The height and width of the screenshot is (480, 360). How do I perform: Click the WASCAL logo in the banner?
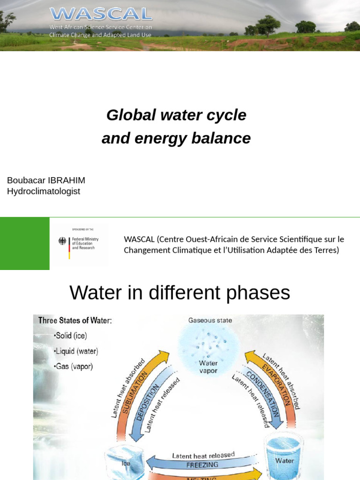100,14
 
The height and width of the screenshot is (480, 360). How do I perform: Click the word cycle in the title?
224,115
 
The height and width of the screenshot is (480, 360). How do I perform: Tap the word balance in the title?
223,138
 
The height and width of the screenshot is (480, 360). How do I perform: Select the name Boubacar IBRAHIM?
46,180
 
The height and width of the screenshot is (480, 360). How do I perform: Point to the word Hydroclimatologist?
44,191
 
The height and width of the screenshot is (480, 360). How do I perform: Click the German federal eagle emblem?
62,242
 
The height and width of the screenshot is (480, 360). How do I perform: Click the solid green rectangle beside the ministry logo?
24,244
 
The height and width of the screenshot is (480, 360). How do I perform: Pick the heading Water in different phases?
180,293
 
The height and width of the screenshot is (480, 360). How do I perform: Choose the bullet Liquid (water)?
76,351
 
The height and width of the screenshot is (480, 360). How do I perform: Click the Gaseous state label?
210,321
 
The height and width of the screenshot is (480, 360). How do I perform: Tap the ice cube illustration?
123,463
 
